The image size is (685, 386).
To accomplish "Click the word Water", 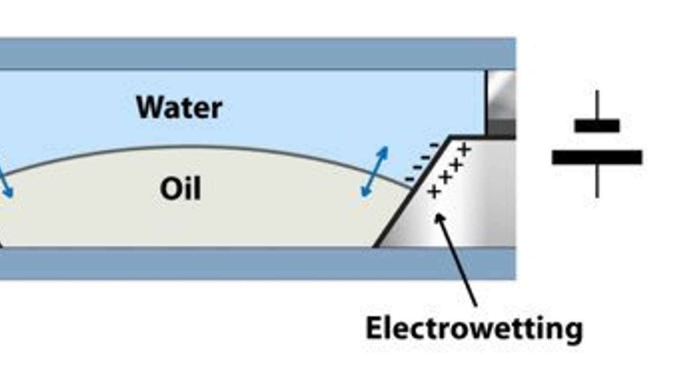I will pyautogui.click(x=179, y=107).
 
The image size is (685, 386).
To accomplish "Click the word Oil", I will pyautogui.click(x=180, y=189).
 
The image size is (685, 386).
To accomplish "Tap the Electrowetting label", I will pyautogui.click(x=474, y=329).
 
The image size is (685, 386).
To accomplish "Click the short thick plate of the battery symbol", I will pyautogui.click(x=597, y=126).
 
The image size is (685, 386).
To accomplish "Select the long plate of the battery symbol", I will pyautogui.click(x=597, y=157).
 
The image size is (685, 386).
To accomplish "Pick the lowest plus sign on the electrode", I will pyautogui.click(x=434, y=192).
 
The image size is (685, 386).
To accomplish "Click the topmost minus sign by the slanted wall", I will pyautogui.click(x=434, y=146).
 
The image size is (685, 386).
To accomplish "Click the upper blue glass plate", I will pyautogui.click(x=257, y=54).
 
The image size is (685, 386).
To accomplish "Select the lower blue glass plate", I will pyautogui.click(x=257, y=263).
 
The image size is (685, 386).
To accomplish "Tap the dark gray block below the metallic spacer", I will pyautogui.click(x=501, y=128).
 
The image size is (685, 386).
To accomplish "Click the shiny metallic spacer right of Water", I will pyautogui.click(x=501, y=94).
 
